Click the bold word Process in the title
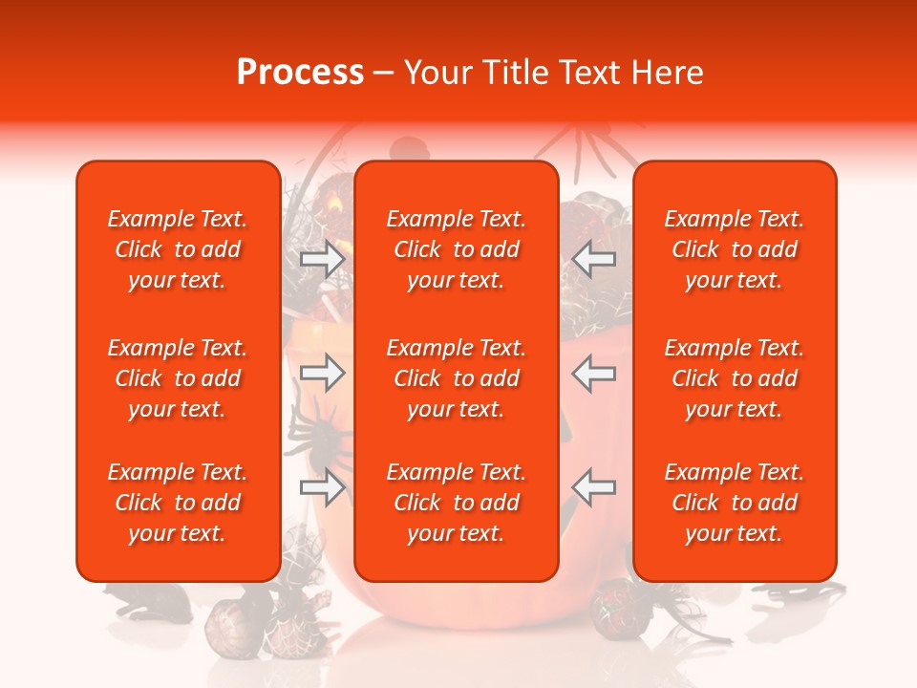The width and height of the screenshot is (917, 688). tap(300, 73)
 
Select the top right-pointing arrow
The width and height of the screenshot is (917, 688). tap(322, 259)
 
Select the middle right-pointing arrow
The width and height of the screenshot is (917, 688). tap(322, 373)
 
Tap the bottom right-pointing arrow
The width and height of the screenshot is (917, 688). tap(322, 487)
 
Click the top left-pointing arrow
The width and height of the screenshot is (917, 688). tap(594, 259)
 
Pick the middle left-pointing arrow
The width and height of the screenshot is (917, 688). tap(594, 373)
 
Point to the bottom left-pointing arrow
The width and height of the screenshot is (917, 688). tap(594, 487)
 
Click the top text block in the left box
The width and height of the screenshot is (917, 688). tap(178, 249)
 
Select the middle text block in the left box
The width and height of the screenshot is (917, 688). tap(178, 378)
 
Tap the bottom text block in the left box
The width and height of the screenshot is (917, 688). tap(178, 503)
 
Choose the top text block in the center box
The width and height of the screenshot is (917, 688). tap(456, 249)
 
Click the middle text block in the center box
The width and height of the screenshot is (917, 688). tap(456, 378)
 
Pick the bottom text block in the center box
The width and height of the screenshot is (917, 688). tap(456, 503)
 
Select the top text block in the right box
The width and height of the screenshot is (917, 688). tap(734, 249)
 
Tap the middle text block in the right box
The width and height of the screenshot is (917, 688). tap(734, 378)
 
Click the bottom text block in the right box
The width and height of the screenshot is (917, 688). tap(734, 503)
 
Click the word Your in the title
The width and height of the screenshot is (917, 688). tap(436, 73)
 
